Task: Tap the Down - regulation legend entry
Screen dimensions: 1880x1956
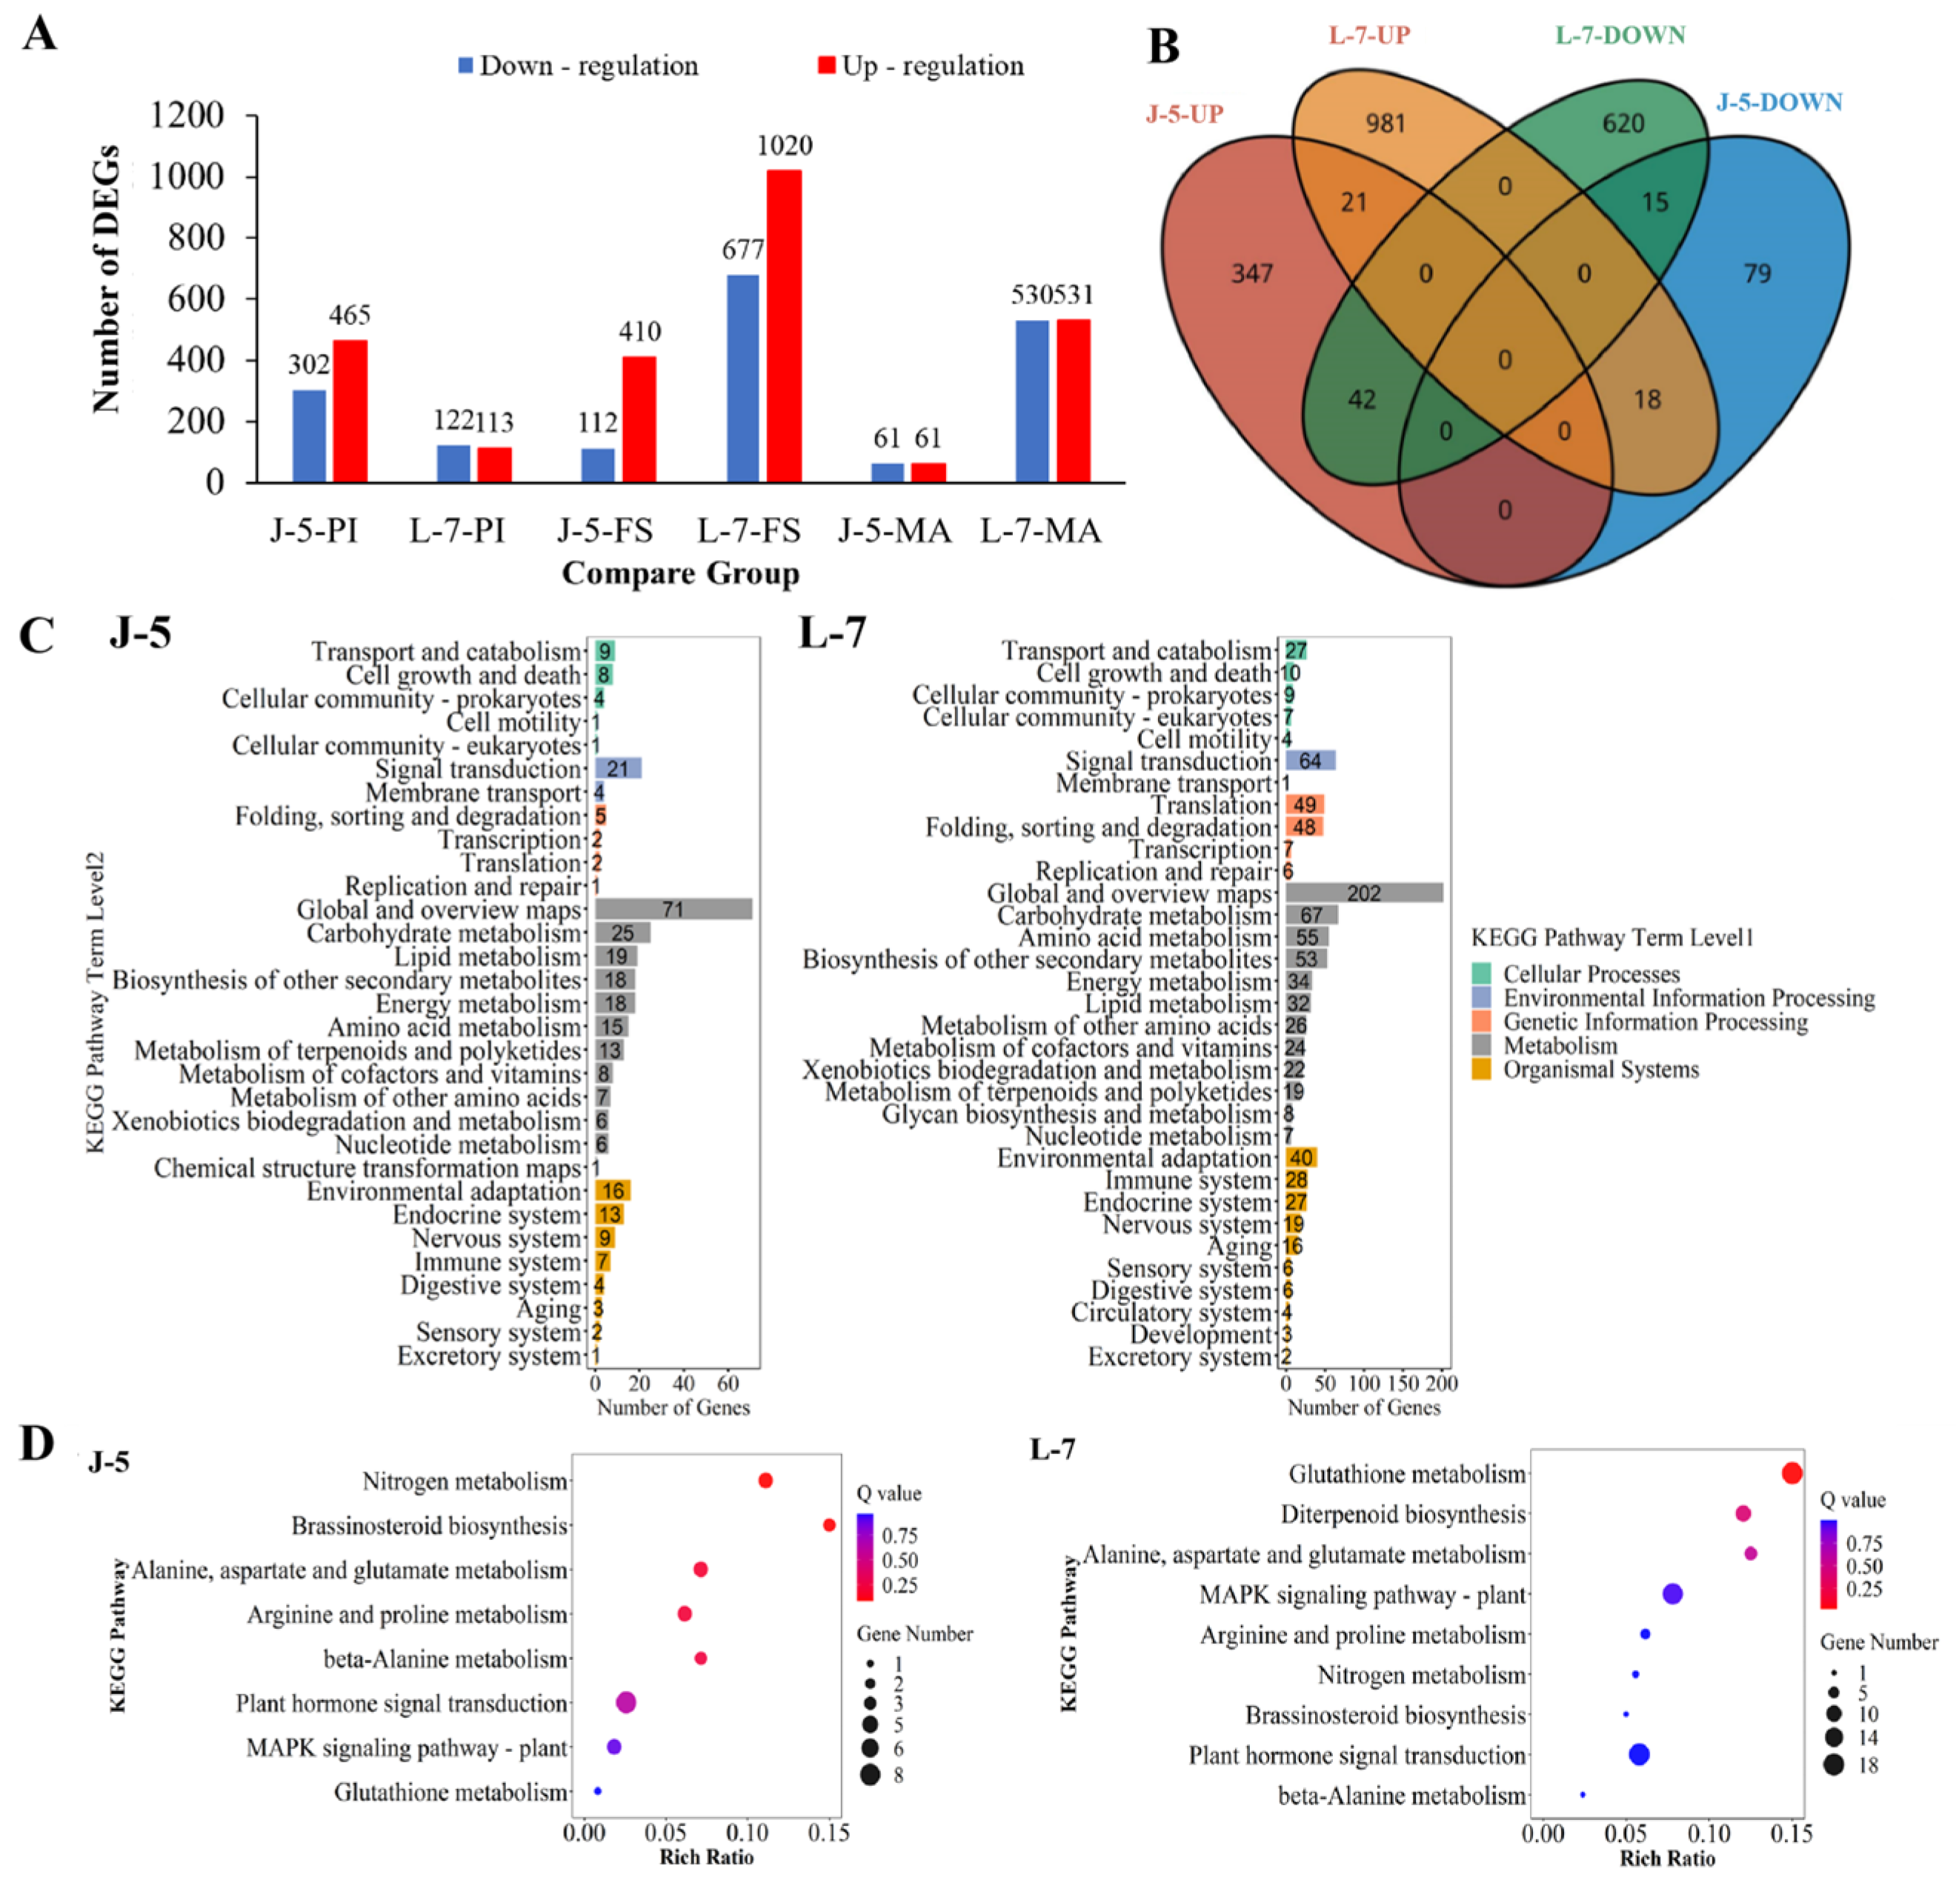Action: pyautogui.click(x=578, y=66)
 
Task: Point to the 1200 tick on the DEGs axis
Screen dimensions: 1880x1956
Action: pyautogui.click(x=187, y=115)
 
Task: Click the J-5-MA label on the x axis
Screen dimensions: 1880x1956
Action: pyautogui.click(x=894, y=530)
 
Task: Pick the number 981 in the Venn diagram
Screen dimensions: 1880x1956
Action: pyautogui.click(x=1385, y=123)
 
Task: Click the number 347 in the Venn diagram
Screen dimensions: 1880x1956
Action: pyautogui.click(x=1251, y=273)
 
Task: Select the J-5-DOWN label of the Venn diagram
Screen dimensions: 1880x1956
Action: pyautogui.click(x=1778, y=101)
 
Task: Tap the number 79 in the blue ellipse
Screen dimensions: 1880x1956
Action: pyautogui.click(x=1757, y=273)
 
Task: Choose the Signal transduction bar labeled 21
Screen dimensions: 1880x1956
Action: pyautogui.click(x=618, y=768)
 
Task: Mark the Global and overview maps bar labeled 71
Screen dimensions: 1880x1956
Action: pyautogui.click(x=673, y=909)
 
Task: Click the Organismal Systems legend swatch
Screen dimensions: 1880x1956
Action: pyautogui.click(x=1481, y=1069)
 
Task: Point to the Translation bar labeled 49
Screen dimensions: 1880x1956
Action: pyautogui.click(x=1304, y=804)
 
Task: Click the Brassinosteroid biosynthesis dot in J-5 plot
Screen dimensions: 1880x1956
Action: pyautogui.click(x=828, y=1524)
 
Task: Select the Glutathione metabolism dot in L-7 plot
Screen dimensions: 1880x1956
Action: pyautogui.click(x=1792, y=1473)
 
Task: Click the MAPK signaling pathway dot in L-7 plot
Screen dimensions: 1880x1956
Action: pyautogui.click(x=1672, y=1593)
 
